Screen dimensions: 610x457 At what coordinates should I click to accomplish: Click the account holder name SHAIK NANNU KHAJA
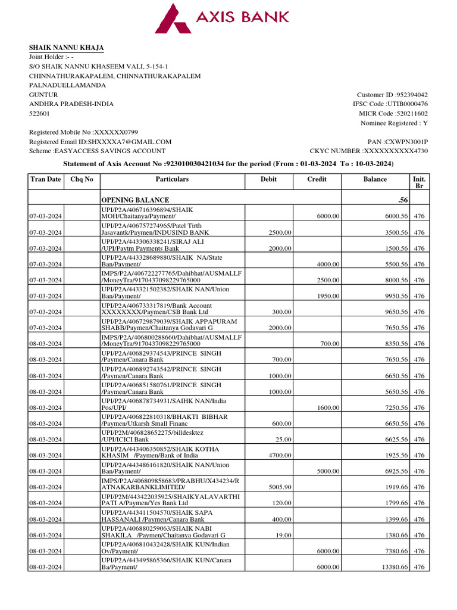(67, 48)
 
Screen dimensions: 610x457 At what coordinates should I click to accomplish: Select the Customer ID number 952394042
(412, 95)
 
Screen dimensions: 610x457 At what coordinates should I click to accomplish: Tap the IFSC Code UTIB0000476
(408, 104)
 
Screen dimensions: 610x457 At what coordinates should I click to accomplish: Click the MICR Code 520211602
(409, 113)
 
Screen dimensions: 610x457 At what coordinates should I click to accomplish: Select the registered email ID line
(100, 142)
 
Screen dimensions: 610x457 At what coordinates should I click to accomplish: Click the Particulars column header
(172, 179)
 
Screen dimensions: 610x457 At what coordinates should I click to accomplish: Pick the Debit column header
(268, 179)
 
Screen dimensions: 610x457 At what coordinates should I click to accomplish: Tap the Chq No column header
(82, 179)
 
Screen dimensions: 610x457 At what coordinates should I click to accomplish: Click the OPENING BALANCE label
(135, 200)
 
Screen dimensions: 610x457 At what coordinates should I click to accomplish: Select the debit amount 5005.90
(279, 487)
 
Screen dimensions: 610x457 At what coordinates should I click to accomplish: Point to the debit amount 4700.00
(279, 455)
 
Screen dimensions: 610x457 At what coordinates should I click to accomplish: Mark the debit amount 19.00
(283, 535)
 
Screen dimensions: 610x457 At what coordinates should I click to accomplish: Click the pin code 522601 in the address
(40, 113)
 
